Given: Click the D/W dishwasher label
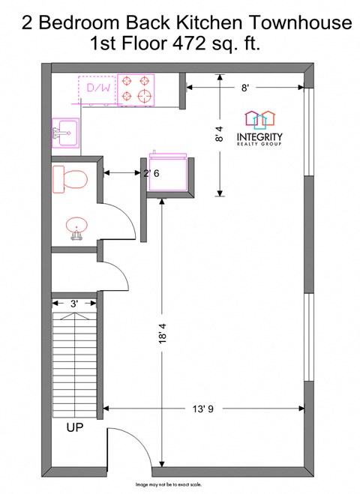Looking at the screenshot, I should point(97,88).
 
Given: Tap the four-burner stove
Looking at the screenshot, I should point(136,88).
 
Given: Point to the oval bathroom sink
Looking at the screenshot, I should point(76,227).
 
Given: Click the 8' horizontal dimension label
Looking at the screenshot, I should point(245,88).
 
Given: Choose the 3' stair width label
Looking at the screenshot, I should point(74,304).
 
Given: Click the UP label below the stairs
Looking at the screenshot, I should point(74,428).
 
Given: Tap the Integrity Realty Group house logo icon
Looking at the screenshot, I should point(260,119).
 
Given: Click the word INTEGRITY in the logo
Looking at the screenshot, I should point(259,137).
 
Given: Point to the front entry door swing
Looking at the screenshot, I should point(126,448).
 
